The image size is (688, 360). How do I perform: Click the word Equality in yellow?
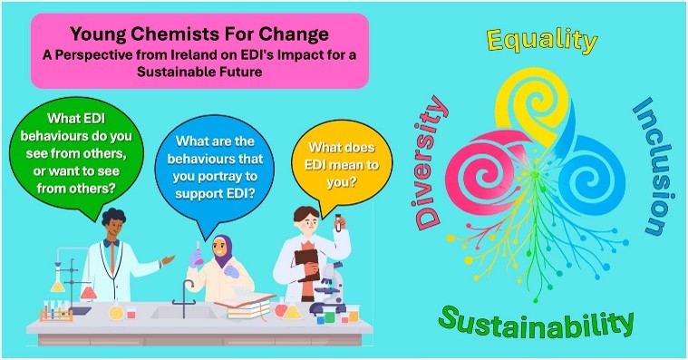542,42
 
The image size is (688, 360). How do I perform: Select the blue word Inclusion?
652,166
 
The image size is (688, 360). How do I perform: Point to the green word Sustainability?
537,322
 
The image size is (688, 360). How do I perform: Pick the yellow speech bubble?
342,166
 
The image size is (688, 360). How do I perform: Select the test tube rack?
55,310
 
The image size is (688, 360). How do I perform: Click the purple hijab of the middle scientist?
222,250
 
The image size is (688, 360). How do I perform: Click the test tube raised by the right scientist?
338,222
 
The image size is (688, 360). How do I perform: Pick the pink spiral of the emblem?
480,173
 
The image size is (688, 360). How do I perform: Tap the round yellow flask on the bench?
116,312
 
